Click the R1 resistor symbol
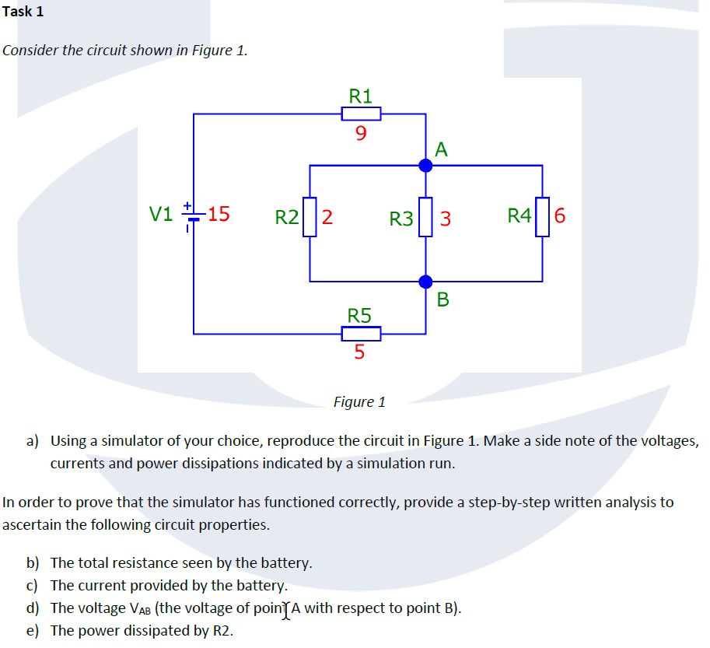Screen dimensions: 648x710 (x=361, y=114)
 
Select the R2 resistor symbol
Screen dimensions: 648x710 (x=310, y=215)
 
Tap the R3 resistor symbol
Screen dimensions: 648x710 (x=425, y=217)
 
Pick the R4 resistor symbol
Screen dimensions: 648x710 (x=541, y=215)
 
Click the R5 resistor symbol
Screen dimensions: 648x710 (x=361, y=334)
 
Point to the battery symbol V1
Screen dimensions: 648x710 (x=193, y=215)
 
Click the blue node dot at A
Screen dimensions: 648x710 (x=425, y=165)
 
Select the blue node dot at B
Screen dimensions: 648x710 (x=425, y=281)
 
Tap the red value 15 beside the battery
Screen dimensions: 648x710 (x=219, y=214)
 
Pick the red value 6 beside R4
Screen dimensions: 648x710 (x=560, y=215)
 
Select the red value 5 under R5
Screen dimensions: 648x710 (x=359, y=352)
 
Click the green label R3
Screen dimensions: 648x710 (x=401, y=219)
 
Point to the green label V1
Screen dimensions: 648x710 (x=161, y=214)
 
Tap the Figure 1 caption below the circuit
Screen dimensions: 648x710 (x=359, y=402)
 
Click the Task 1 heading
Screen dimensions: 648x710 (x=23, y=12)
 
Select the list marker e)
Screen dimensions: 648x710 (x=33, y=630)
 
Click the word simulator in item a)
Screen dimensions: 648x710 (x=122, y=441)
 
